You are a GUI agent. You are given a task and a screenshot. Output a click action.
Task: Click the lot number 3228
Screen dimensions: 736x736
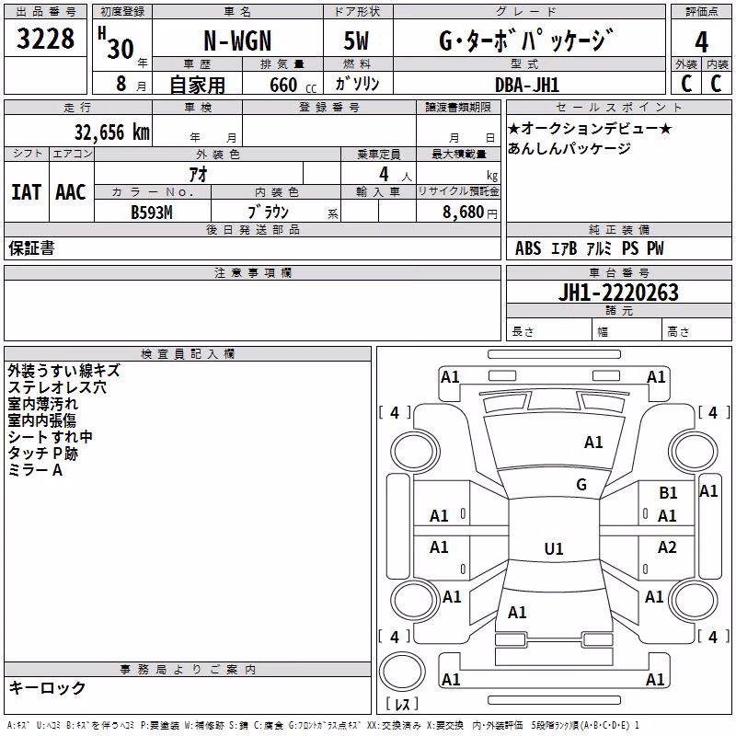click(45, 39)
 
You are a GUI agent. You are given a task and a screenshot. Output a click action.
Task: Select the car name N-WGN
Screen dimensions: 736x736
click(237, 40)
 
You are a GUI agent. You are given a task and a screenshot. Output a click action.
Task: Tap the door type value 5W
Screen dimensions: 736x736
click(356, 40)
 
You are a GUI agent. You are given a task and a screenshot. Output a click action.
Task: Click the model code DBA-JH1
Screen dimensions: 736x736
click(527, 85)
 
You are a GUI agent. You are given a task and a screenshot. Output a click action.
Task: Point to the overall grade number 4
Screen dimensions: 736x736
click(701, 42)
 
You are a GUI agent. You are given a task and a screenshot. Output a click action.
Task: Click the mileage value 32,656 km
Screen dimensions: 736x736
click(111, 132)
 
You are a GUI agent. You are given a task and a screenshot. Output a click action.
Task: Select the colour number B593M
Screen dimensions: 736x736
click(152, 213)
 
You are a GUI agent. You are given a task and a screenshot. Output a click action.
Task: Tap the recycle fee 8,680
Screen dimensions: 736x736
click(463, 213)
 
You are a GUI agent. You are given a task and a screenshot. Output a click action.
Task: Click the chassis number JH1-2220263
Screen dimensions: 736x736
click(618, 293)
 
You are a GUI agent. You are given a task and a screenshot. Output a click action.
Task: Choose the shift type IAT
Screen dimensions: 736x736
click(27, 192)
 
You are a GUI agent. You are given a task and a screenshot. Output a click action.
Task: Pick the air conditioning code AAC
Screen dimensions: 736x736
click(71, 192)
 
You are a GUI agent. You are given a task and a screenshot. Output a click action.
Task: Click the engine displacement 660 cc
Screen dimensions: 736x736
click(293, 86)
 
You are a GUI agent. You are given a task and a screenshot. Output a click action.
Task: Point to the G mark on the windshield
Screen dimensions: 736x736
click(581, 485)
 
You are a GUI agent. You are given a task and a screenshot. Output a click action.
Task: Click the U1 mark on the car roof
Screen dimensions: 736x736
click(554, 548)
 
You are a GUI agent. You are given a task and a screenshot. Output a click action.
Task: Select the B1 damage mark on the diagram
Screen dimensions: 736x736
click(668, 493)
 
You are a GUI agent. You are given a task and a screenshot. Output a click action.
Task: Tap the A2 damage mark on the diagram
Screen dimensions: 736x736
click(667, 546)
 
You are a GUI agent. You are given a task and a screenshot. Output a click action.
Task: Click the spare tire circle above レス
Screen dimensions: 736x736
click(402, 671)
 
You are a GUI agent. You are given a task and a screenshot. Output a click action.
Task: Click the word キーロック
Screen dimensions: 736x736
click(48, 687)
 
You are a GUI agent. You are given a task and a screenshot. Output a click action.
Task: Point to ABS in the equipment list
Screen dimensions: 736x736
click(528, 248)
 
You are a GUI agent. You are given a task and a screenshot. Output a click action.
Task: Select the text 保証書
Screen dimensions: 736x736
click(31, 248)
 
